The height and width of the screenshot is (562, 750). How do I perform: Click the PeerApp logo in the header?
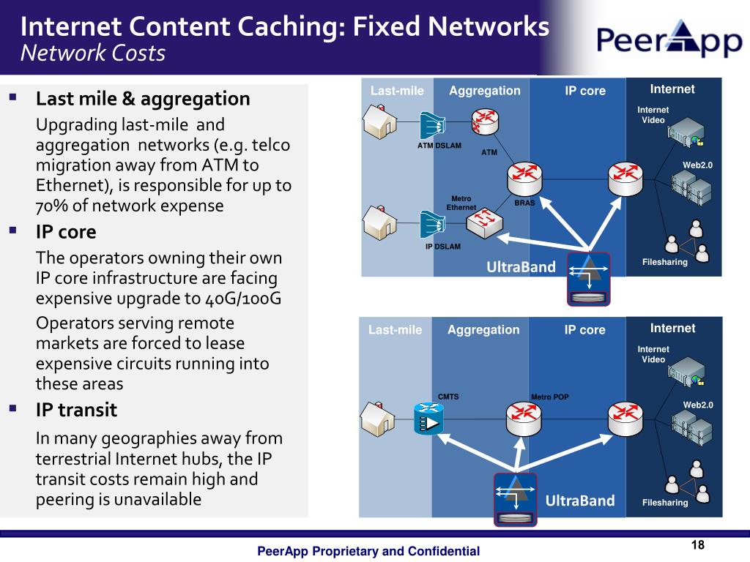tap(669, 38)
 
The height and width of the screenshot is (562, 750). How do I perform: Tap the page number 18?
tap(698, 544)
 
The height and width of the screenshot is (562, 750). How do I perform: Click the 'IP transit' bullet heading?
tap(76, 410)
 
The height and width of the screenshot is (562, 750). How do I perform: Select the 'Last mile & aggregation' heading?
tap(143, 99)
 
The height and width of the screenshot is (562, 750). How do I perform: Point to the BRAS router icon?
tap(524, 179)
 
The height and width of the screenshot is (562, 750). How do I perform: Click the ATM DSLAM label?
tap(439, 146)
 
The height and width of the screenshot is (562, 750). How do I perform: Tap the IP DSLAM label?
tap(443, 247)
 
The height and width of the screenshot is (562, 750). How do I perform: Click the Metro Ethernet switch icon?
tap(485, 223)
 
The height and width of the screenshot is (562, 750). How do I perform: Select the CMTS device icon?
tap(428, 419)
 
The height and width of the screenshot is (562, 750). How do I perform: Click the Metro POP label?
tap(550, 397)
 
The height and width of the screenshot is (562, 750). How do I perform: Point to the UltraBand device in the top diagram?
tap(589, 279)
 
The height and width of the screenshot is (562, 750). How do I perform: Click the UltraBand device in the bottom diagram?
tap(515, 499)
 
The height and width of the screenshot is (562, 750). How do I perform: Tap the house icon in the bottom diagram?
tap(378, 419)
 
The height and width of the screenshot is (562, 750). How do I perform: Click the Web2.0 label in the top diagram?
tap(697, 165)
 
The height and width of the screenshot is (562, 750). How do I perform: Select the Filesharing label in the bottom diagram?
tap(665, 502)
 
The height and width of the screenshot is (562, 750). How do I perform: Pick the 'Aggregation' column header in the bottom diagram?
tap(483, 330)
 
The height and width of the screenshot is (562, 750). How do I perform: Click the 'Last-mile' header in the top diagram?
tap(397, 91)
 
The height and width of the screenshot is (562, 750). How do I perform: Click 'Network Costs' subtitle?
tap(93, 53)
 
